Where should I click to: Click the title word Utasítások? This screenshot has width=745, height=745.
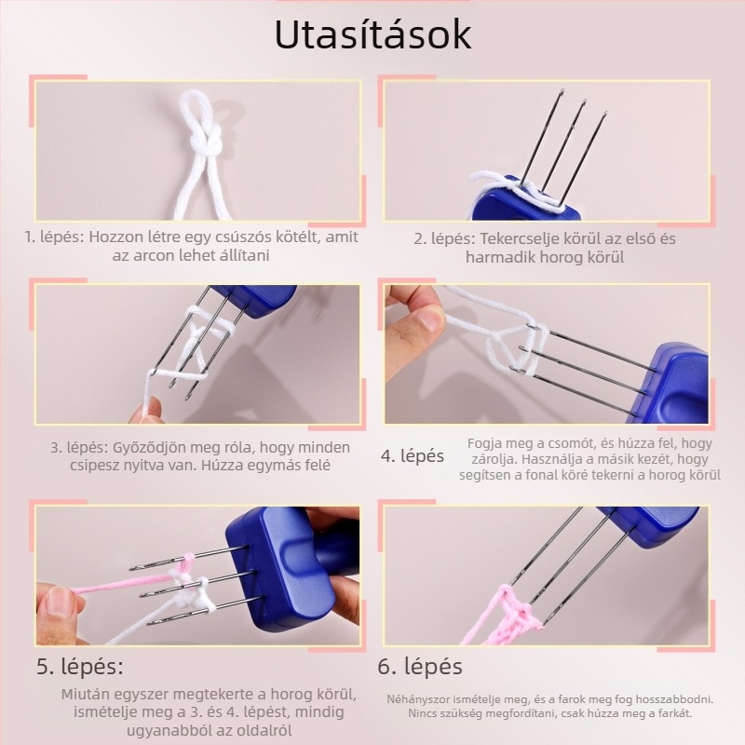pyautogui.click(x=373, y=34)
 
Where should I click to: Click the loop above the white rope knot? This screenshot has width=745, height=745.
pyautogui.click(x=193, y=109)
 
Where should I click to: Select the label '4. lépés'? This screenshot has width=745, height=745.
pyautogui.click(x=413, y=456)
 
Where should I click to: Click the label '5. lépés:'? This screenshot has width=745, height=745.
pyautogui.click(x=80, y=666)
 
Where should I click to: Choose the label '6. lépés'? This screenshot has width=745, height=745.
pyautogui.click(x=420, y=666)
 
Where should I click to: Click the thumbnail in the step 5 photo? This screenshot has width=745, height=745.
pyautogui.click(x=57, y=600)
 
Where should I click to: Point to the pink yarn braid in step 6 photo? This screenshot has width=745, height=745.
pyautogui.click(x=516, y=617)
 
